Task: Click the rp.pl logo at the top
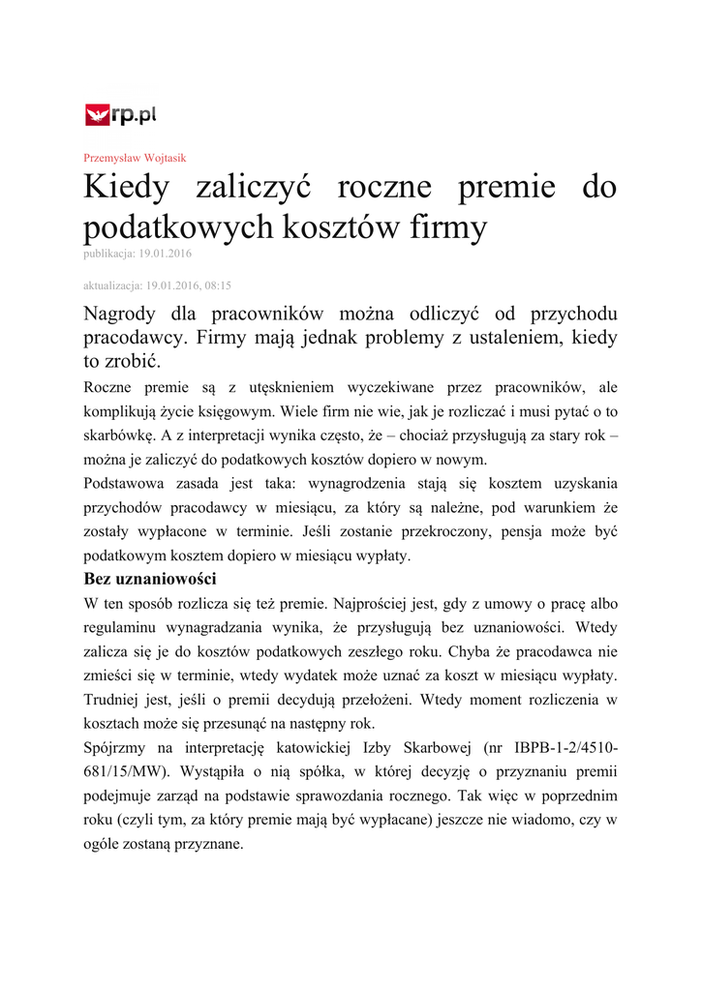[x=121, y=116]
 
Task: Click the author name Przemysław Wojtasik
[x=135, y=158]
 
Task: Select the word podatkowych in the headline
[x=179, y=228]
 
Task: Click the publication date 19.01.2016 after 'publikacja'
[x=166, y=254]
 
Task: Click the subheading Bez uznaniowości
[x=150, y=580]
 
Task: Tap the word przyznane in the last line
[x=210, y=843]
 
